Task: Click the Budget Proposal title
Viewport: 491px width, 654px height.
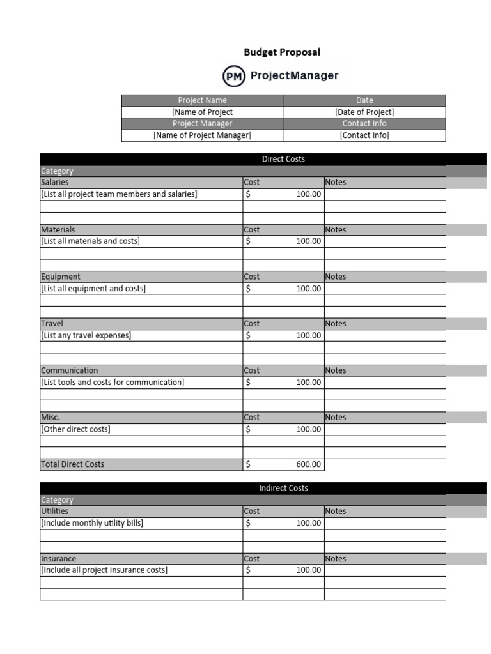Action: (282, 52)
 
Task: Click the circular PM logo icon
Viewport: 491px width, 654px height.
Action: (234, 76)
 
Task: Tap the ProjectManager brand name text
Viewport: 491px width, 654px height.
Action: (294, 76)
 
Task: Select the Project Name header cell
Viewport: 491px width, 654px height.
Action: (202, 100)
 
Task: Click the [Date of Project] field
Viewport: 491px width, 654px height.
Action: (364, 112)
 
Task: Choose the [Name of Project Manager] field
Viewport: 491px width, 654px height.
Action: (202, 135)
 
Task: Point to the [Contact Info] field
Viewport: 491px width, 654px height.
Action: (364, 135)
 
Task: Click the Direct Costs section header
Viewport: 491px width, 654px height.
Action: (283, 159)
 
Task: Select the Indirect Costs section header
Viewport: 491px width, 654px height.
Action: (283, 488)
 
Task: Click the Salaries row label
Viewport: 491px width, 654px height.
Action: (55, 182)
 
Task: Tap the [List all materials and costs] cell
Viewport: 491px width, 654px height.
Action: (90, 241)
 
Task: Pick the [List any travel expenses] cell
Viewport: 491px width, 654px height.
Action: (86, 335)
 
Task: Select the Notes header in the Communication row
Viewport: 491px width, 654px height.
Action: (336, 370)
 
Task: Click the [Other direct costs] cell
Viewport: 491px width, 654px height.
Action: (75, 429)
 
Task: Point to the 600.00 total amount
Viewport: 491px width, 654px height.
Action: (309, 464)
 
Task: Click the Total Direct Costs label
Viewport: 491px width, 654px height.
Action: (72, 464)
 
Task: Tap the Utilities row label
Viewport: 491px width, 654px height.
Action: (54, 511)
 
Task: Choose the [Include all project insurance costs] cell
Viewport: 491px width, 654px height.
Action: (104, 570)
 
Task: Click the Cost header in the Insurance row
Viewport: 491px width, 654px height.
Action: (252, 558)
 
